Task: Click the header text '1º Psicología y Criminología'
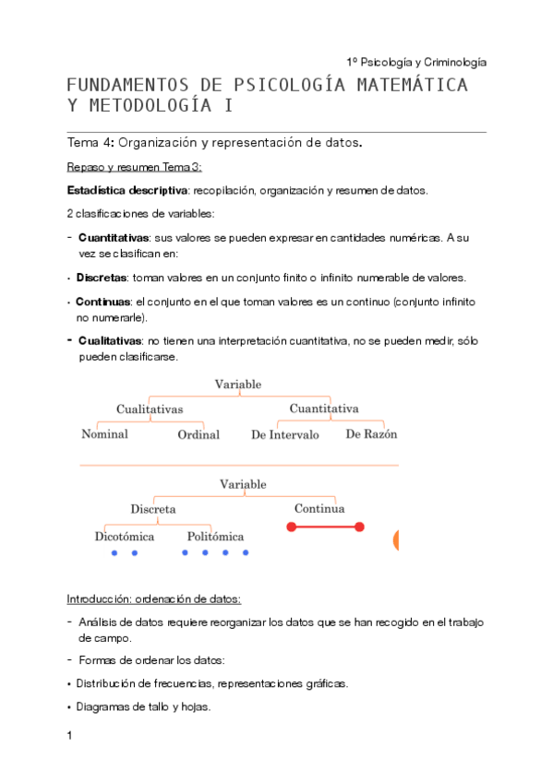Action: [415, 62]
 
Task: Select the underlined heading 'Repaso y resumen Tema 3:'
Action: [134, 167]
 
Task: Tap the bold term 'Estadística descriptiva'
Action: [126, 191]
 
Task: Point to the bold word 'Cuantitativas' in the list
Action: [114, 238]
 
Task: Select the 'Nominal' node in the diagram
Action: [104, 433]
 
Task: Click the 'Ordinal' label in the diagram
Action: [198, 434]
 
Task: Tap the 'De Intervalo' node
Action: [285, 434]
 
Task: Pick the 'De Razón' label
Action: [371, 433]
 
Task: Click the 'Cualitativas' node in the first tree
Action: [150, 409]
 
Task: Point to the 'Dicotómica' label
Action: [125, 536]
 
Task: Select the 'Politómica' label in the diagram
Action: [215, 536]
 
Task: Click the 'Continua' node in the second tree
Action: [319, 508]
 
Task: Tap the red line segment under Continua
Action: [325, 527]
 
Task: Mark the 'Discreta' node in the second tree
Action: [153, 508]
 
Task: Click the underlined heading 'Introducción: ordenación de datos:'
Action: [154, 598]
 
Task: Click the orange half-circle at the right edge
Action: [395, 541]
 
